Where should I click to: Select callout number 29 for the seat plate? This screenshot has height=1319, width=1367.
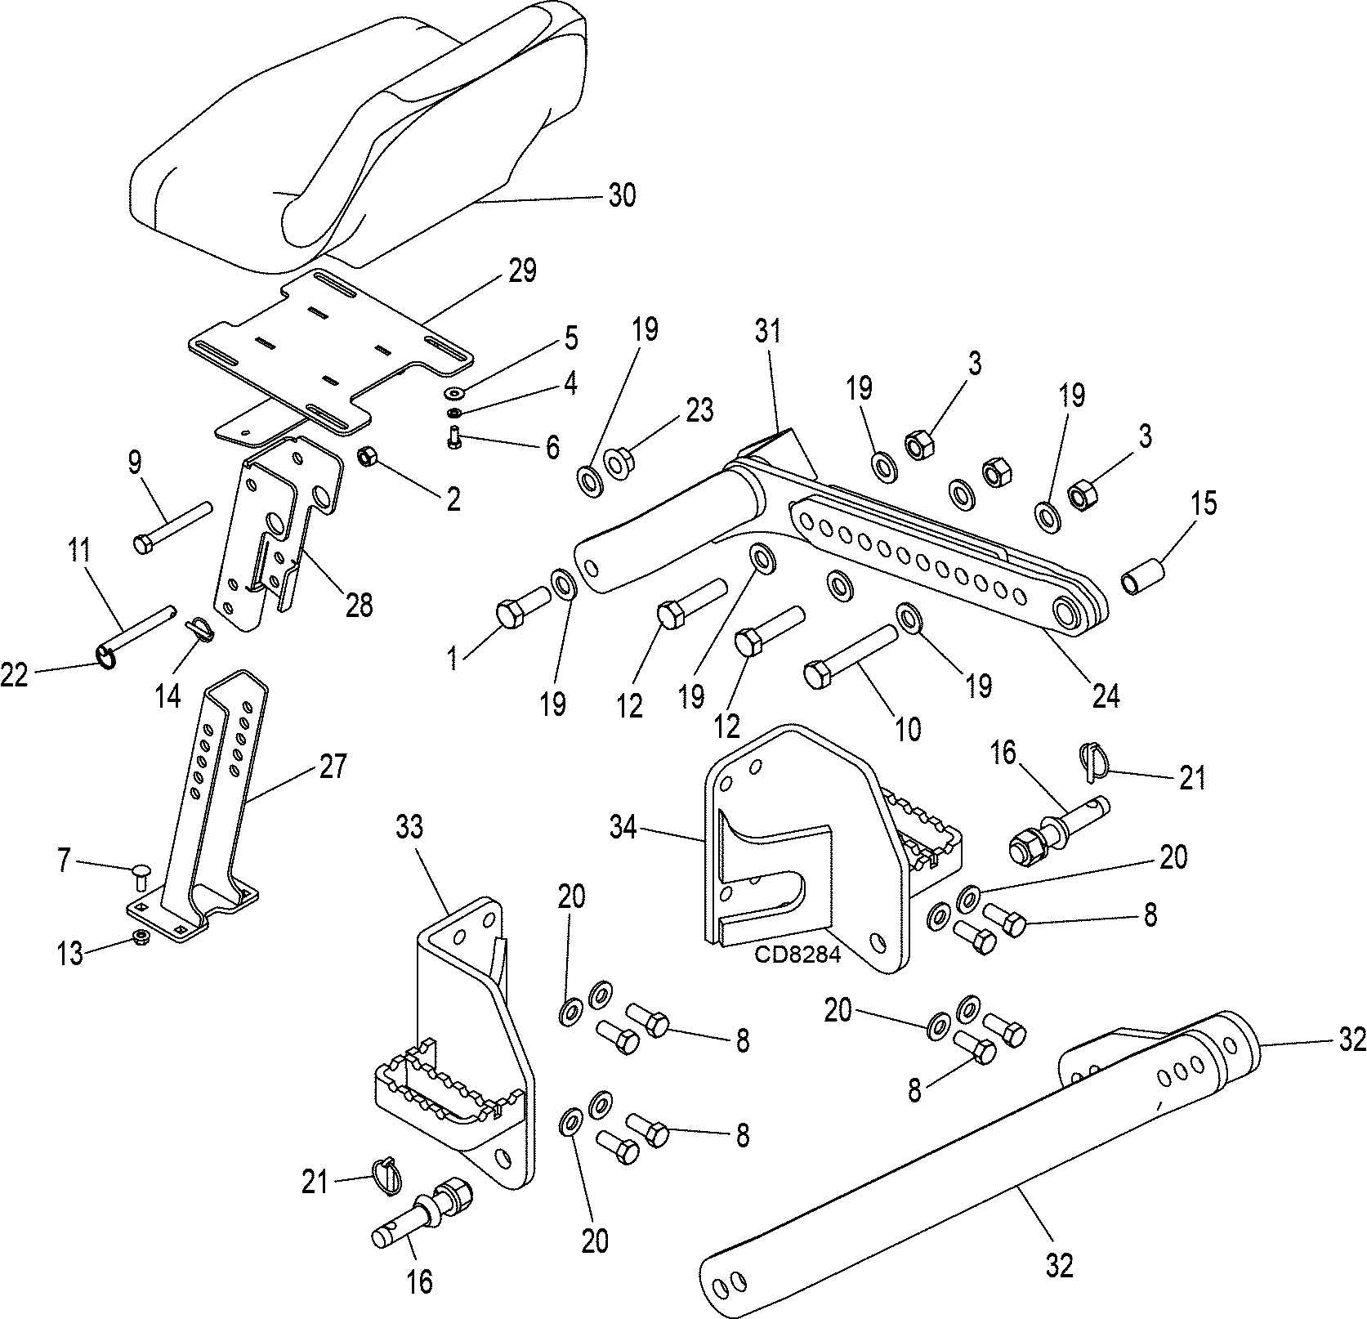[x=522, y=271]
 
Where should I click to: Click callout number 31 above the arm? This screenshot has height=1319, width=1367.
[x=768, y=331]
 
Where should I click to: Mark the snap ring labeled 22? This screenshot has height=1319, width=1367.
[x=107, y=655]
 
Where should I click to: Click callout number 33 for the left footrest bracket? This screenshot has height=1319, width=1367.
[x=409, y=828]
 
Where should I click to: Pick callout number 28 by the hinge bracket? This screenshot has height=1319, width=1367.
[x=359, y=606]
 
